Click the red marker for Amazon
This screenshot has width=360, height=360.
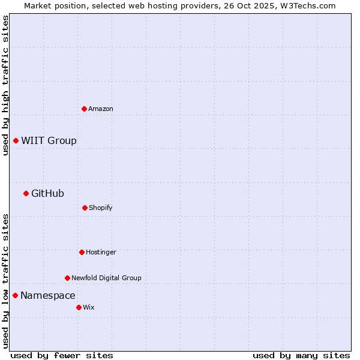point(84,109)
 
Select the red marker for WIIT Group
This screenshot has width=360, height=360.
point(16,140)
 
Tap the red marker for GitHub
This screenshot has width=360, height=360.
point(26,193)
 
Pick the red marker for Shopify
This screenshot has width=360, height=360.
point(85,208)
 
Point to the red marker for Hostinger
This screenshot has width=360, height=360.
point(82,252)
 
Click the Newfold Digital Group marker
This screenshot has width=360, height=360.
point(67,278)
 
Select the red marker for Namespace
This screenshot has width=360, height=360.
point(15,295)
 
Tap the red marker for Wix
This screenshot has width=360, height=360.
point(79,307)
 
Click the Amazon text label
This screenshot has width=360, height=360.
point(101,109)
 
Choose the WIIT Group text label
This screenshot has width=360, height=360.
point(49,141)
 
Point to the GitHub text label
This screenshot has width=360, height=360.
point(47,193)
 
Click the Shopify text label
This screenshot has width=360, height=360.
point(101,208)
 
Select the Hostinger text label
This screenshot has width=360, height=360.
point(101,252)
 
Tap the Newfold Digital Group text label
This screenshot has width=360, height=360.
point(106,278)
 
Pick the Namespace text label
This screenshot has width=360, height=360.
point(48,295)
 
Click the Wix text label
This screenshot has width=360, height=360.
point(89,307)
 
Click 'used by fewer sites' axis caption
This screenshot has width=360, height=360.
point(62,355)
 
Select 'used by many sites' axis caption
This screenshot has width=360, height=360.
point(301,355)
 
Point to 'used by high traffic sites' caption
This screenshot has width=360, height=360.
point(5,85)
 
